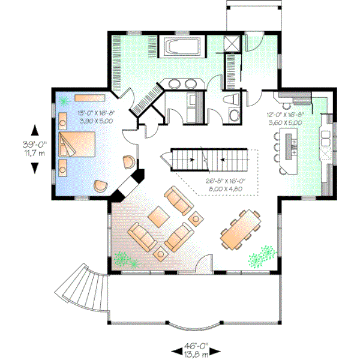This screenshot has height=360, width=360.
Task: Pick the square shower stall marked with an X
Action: tap(231, 43)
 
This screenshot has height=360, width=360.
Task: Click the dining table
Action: tap(241, 229)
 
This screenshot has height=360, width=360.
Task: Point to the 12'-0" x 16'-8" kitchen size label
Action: tap(284, 113)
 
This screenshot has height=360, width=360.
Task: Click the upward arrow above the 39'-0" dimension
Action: tap(34, 129)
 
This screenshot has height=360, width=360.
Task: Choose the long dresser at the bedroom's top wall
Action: tap(90, 97)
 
